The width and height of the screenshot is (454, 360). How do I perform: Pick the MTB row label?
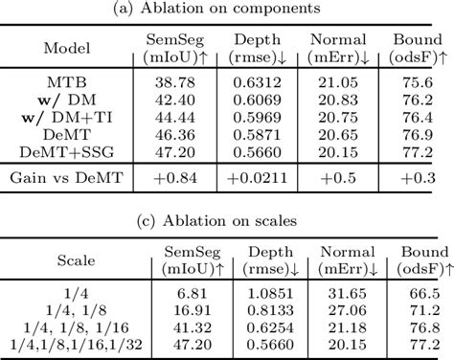[67, 83]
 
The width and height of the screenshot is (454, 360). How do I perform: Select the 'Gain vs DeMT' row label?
[67, 176]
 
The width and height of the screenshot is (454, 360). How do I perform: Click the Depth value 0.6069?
[255, 101]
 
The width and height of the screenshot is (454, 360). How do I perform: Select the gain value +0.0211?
[255, 176]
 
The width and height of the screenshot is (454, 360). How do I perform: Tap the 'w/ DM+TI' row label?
[67, 117]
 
